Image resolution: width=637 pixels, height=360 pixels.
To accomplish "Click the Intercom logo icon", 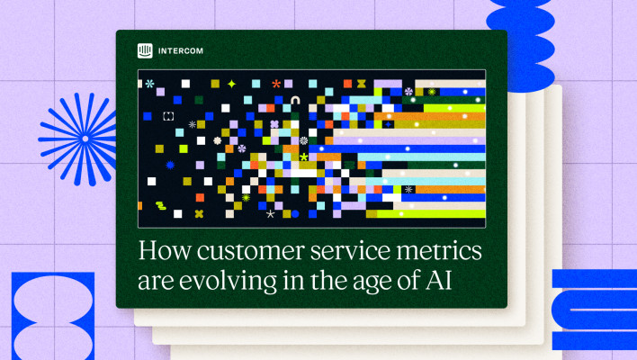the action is pyautogui.click(x=145, y=50).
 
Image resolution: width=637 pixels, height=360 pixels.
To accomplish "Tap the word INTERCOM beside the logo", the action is pyautogui.click(x=181, y=51).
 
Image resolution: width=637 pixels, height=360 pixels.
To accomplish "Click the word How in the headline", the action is pyautogui.click(x=165, y=250).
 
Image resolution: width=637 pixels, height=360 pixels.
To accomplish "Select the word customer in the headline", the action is pyautogui.click(x=251, y=251).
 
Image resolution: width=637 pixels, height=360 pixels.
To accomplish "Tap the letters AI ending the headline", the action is pyautogui.click(x=439, y=280).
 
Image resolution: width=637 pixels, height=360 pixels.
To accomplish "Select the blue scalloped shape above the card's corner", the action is pyautogui.click(x=521, y=43).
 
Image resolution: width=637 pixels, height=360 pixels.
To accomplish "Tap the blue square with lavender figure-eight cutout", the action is pyautogui.click(x=53, y=316).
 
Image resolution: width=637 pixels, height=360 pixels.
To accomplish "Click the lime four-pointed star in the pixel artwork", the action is pyautogui.click(x=231, y=84).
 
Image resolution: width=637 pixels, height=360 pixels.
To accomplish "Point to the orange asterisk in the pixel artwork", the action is pyautogui.click(x=276, y=84).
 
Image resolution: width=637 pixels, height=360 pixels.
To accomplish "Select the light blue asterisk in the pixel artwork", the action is pyautogui.click(x=150, y=84).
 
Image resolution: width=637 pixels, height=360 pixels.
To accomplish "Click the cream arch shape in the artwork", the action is pyautogui.click(x=295, y=100).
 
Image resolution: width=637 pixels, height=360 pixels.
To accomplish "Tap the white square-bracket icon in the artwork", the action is pyautogui.click(x=168, y=116).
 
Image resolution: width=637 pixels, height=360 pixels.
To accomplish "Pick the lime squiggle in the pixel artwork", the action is pyautogui.click(x=161, y=205).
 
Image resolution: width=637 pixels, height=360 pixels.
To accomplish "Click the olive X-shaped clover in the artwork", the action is pyautogui.click(x=199, y=213).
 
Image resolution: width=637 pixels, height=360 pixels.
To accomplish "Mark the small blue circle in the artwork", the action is pyautogui.click(x=295, y=213).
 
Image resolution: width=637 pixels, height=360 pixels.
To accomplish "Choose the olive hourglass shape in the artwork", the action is pyautogui.click(x=361, y=84).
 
